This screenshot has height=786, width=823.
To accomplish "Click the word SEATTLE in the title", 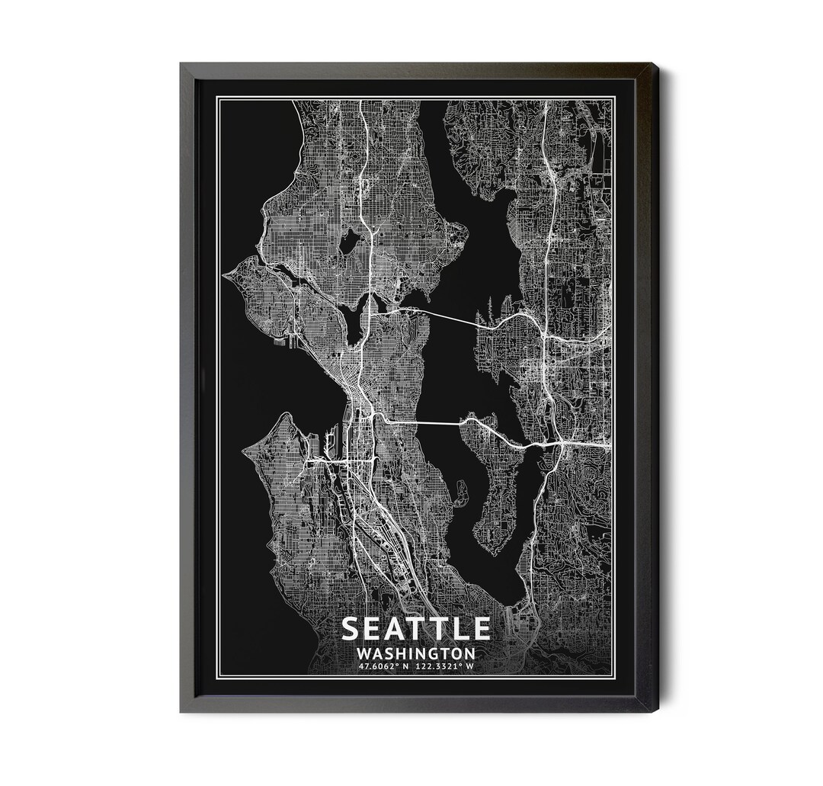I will [415, 627].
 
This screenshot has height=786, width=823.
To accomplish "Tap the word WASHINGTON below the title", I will [415, 653].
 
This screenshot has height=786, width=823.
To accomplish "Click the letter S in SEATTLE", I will [352, 627].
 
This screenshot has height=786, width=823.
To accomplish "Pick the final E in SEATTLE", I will [480, 627].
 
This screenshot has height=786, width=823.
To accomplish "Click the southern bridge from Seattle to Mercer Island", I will [423, 422].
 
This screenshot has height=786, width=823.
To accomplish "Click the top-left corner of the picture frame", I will [181, 65].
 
